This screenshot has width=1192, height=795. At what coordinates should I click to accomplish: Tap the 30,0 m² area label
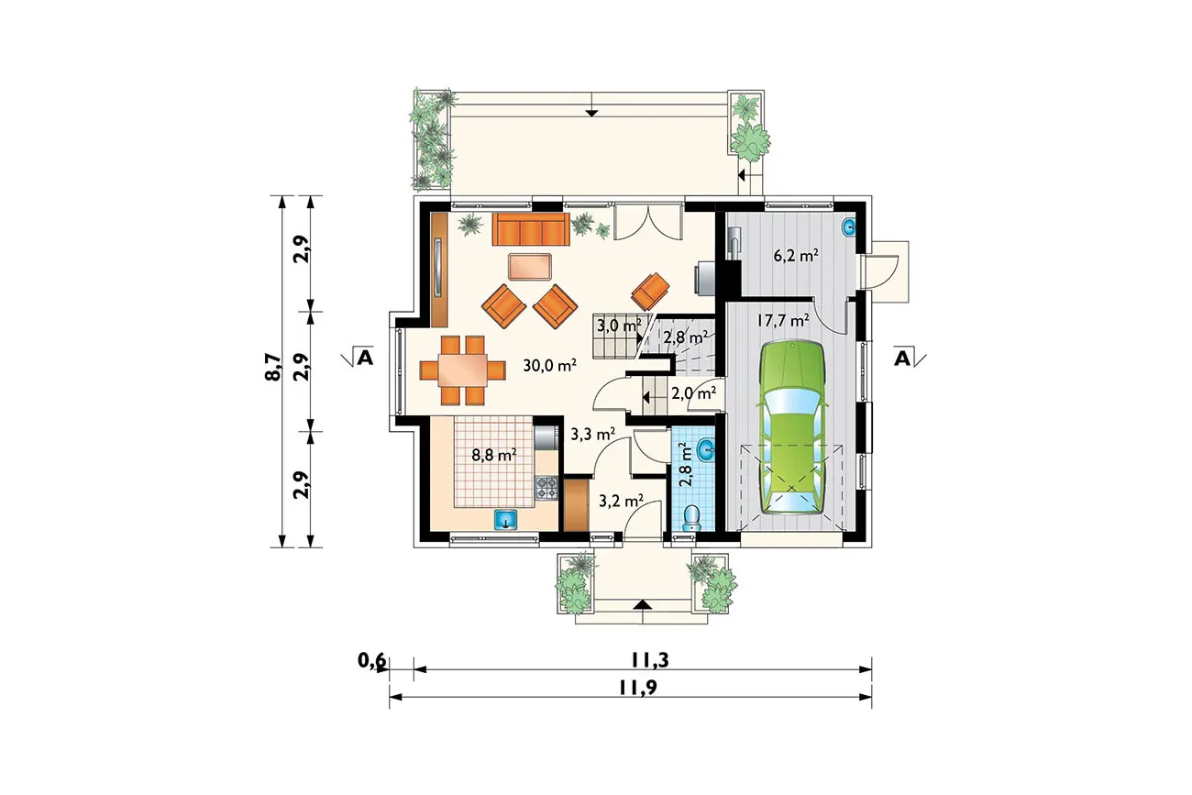tap(550, 366)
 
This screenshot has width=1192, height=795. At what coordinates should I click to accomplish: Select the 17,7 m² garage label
tap(782, 320)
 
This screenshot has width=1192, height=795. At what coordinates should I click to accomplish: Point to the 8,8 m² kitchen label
tap(494, 455)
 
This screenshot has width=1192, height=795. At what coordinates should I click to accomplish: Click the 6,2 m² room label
tap(796, 256)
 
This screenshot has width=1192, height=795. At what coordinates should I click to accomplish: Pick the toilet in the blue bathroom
tap(691, 518)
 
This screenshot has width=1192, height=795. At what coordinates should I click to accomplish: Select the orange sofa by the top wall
tap(531, 229)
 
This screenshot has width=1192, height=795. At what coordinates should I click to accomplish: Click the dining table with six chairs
tap(462, 370)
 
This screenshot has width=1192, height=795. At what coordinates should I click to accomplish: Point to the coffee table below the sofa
tap(530, 267)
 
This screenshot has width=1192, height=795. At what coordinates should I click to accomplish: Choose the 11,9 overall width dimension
tap(638, 687)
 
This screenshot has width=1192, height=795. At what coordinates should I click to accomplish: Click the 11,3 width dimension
tap(650, 660)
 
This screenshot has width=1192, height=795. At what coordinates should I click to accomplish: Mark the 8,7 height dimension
tap(272, 367)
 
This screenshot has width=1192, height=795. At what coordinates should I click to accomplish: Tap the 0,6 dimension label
tap(371, 660)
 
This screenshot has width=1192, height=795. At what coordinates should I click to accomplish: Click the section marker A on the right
tap(902, 359)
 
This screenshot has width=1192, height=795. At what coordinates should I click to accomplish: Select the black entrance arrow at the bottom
tap(644, 603)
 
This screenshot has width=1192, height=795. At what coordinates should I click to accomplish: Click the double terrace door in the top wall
tap(648, 222)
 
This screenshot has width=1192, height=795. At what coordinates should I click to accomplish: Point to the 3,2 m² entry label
tap(621, 501)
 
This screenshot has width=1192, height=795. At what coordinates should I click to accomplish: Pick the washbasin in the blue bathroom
tap(707, 450)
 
